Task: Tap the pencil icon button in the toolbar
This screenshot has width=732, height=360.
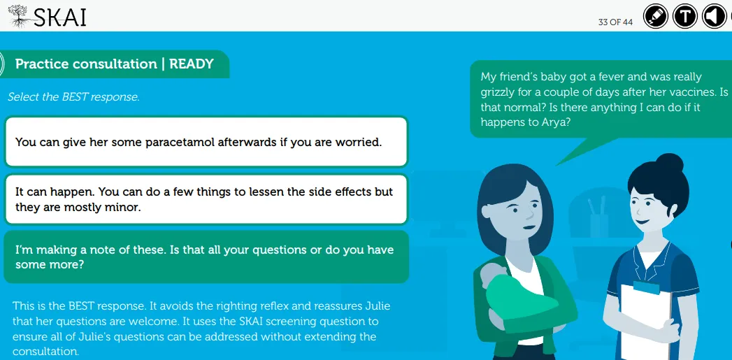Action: (x=655, y=16)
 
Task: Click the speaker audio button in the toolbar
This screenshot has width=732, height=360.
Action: (x=715, y=16)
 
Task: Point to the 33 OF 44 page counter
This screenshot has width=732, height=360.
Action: (x=615, y=22)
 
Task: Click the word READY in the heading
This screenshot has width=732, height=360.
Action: (x=192, y=64)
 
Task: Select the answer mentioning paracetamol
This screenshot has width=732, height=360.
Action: (x=206, y=141)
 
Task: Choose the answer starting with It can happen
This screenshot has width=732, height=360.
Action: (x=206, y=199)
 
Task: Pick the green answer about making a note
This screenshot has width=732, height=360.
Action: (x=206, y=257)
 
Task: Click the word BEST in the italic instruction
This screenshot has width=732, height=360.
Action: (x=76, y=97)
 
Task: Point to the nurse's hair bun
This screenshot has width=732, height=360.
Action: (x=669, y=164)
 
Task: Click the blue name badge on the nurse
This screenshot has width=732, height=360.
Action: (x=646, y=287)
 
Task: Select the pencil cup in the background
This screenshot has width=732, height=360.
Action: (x=599, y=219)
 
